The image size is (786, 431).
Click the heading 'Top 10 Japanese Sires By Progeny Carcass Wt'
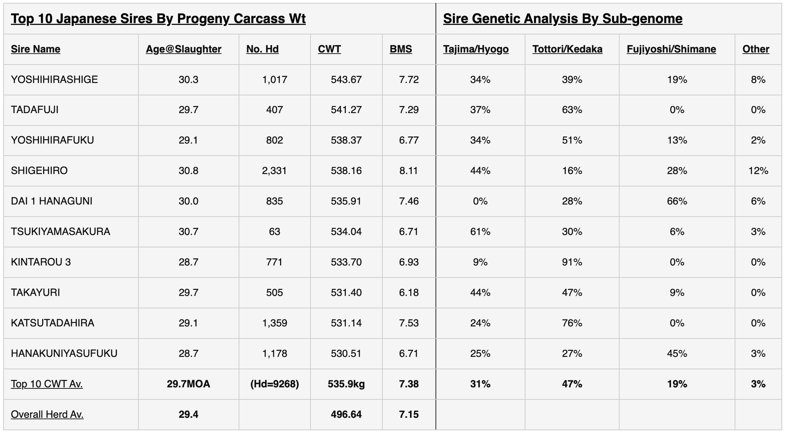click(158, 19)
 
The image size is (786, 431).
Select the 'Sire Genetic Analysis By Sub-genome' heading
click(562, 19)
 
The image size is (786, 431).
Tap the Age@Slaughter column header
click(183, 49)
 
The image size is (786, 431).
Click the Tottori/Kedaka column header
click(567, 49)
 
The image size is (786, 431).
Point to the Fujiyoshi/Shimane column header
click(671, 49)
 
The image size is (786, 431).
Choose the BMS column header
click(401, 49)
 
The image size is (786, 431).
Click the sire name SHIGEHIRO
click(39, 170)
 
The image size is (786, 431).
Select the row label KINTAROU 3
click(41, 262)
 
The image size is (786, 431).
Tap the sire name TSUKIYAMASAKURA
click(61, 231)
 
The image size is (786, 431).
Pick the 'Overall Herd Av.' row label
click(47, 414)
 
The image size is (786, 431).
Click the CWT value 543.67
click(346, 79)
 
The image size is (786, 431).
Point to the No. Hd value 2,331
click(274, 170)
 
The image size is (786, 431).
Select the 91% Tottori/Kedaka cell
click(572, 262)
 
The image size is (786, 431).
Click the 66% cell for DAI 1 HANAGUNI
click(677, 201)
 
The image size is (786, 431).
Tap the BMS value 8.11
click(409, 170)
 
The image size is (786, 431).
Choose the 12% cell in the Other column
click(758, 170)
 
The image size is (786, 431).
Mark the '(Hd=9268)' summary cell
click(274, 384)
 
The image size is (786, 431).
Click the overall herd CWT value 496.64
click(346, 414)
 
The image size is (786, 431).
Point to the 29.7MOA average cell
click(188, 384)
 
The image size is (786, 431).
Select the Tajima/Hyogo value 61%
click(480, 231)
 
